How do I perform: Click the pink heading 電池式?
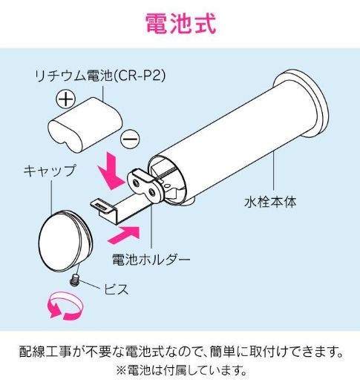180,23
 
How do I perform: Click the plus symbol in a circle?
67,99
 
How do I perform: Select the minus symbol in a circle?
131,138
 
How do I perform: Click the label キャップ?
49,171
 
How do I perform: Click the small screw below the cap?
74,280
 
